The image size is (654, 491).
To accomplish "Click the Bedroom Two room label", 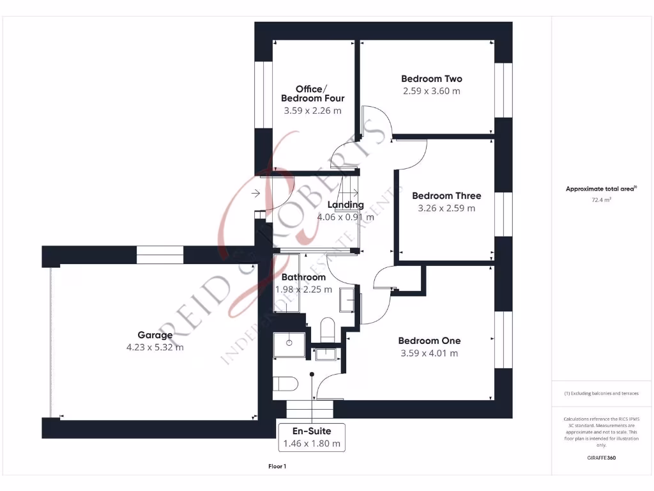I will coord(432,79).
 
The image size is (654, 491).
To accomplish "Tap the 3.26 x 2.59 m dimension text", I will coord(446,208).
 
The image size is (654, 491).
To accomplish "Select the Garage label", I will coord(155,335).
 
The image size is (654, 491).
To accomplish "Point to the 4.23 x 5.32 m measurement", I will coord(155,348).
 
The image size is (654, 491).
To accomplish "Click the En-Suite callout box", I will coord(312,437).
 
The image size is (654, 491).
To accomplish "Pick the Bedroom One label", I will coord(429,341).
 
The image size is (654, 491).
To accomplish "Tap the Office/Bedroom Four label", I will coord(312,93).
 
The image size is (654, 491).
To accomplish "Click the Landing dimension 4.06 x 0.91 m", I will coord(346,217).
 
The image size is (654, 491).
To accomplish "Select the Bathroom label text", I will coord(303,277).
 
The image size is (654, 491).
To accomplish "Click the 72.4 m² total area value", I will coord(601,200).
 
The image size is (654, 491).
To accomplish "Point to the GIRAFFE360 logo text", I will coord(601,458).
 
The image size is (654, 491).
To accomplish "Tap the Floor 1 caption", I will coord(277,467).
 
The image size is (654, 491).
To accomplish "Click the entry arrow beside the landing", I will coord(256,193).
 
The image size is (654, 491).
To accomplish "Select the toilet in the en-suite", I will coord(285,384).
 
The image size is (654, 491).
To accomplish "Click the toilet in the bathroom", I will coord(326,329).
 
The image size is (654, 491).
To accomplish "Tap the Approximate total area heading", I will coord(601,189).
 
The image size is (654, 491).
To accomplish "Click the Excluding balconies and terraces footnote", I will coord(601,393).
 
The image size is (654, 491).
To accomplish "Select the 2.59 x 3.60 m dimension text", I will coord(432,91).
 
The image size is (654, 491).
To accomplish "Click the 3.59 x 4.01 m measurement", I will coord(429,354).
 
